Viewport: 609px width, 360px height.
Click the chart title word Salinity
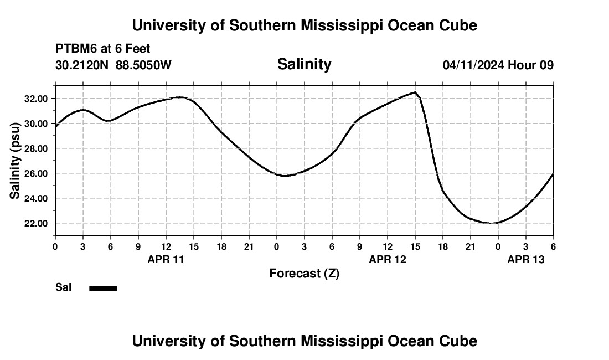tap(304, 64)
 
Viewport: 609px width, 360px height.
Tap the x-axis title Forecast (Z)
tap(304, 273)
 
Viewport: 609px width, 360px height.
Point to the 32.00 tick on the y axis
tap(37, 99)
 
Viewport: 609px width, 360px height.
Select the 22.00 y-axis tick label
tap(37, 223)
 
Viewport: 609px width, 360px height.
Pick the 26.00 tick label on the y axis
tap(37, 173)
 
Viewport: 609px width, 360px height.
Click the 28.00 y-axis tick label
tap(37, 148)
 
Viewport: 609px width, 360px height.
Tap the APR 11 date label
tap(166, 259)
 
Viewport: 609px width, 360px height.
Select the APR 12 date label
tap(387, 259)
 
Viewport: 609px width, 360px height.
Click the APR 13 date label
tap(525, 259)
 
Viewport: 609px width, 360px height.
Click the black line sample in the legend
tap(104, 288)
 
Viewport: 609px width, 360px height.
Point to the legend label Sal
tap(63, 287)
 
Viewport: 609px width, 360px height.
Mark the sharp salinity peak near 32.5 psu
tap(415, 92)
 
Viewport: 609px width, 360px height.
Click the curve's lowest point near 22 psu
tap(491, 223)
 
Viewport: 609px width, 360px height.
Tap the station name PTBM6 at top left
tap(75, 49)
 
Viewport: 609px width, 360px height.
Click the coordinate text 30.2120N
tap(82, 65)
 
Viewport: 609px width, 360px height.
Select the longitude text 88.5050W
tap(143, 65)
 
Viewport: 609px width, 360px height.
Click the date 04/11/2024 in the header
tap(473, 65)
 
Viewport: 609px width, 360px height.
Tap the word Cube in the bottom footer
tap(458, 341)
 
